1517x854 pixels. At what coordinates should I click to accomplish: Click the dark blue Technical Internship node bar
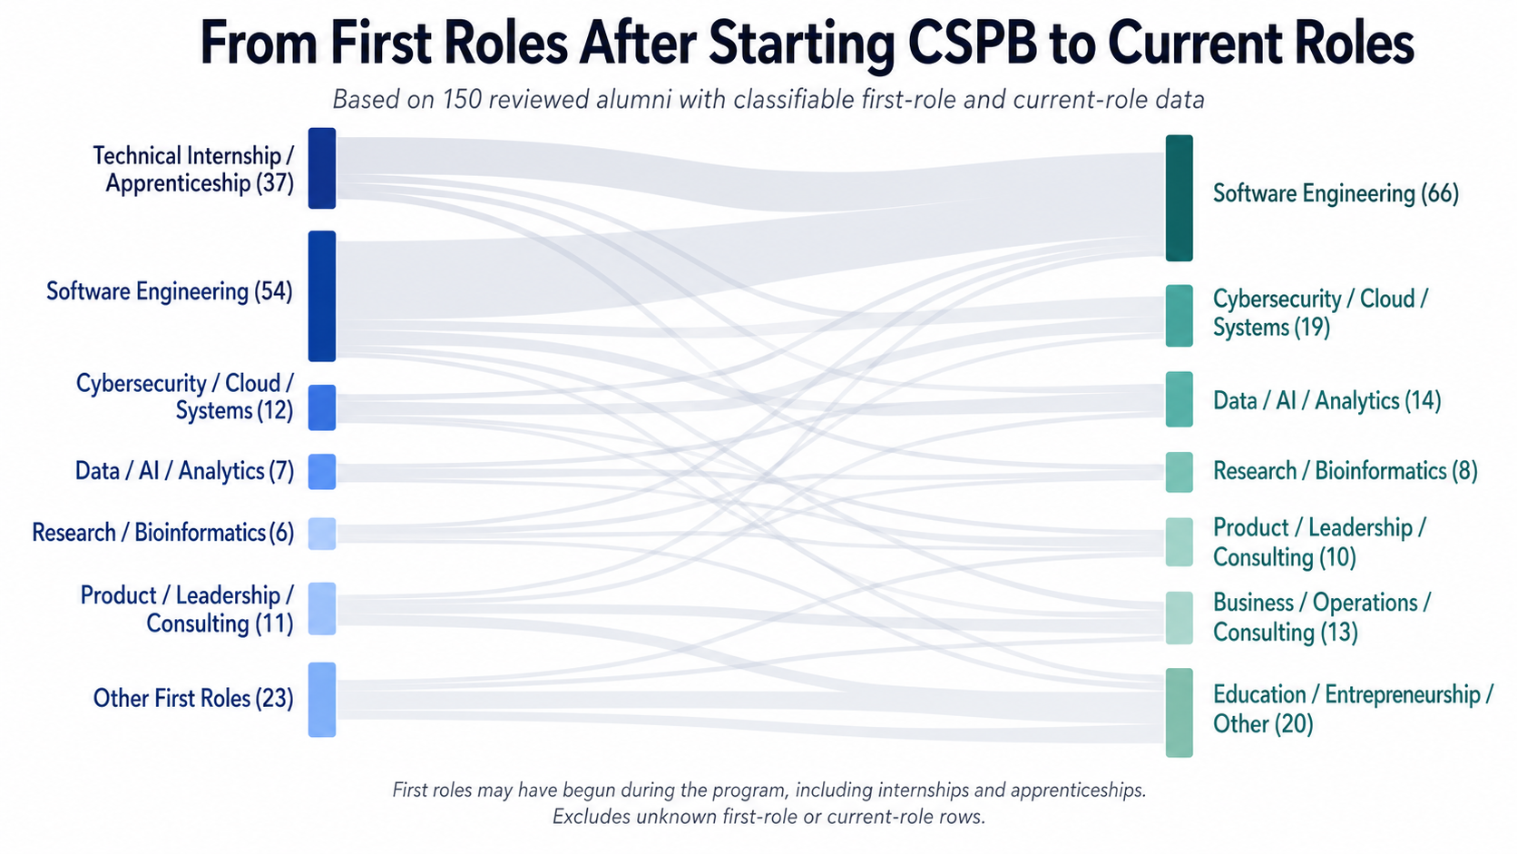point(321,169)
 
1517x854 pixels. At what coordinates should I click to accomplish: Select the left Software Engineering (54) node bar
point(321,296)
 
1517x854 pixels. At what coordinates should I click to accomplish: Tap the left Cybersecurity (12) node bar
point(321,407)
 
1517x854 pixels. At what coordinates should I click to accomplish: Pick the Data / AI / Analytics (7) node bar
point(321,472)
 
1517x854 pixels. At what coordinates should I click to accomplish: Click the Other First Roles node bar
point(321,700)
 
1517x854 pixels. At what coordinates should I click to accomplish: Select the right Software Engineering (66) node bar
point(1179,198)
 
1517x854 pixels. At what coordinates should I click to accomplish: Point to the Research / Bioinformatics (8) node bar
point(1179,472)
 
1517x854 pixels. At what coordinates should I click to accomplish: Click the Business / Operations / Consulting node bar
point(1179,618)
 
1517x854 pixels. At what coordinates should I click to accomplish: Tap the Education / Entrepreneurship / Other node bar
point(1179,712)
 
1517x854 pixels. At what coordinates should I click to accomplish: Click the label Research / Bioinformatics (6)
point(162,533)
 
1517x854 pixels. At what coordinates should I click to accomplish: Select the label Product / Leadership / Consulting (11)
point(187,609)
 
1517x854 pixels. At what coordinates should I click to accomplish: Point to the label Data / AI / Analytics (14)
point(1326,401)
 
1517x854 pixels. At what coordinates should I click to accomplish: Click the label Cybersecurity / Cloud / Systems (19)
point(1320,313)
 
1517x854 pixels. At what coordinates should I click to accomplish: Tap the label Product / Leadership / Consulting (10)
point(1318,542)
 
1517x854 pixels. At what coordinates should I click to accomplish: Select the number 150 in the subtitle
point(462,99)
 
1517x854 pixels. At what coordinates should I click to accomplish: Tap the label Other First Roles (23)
point(193,699)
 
